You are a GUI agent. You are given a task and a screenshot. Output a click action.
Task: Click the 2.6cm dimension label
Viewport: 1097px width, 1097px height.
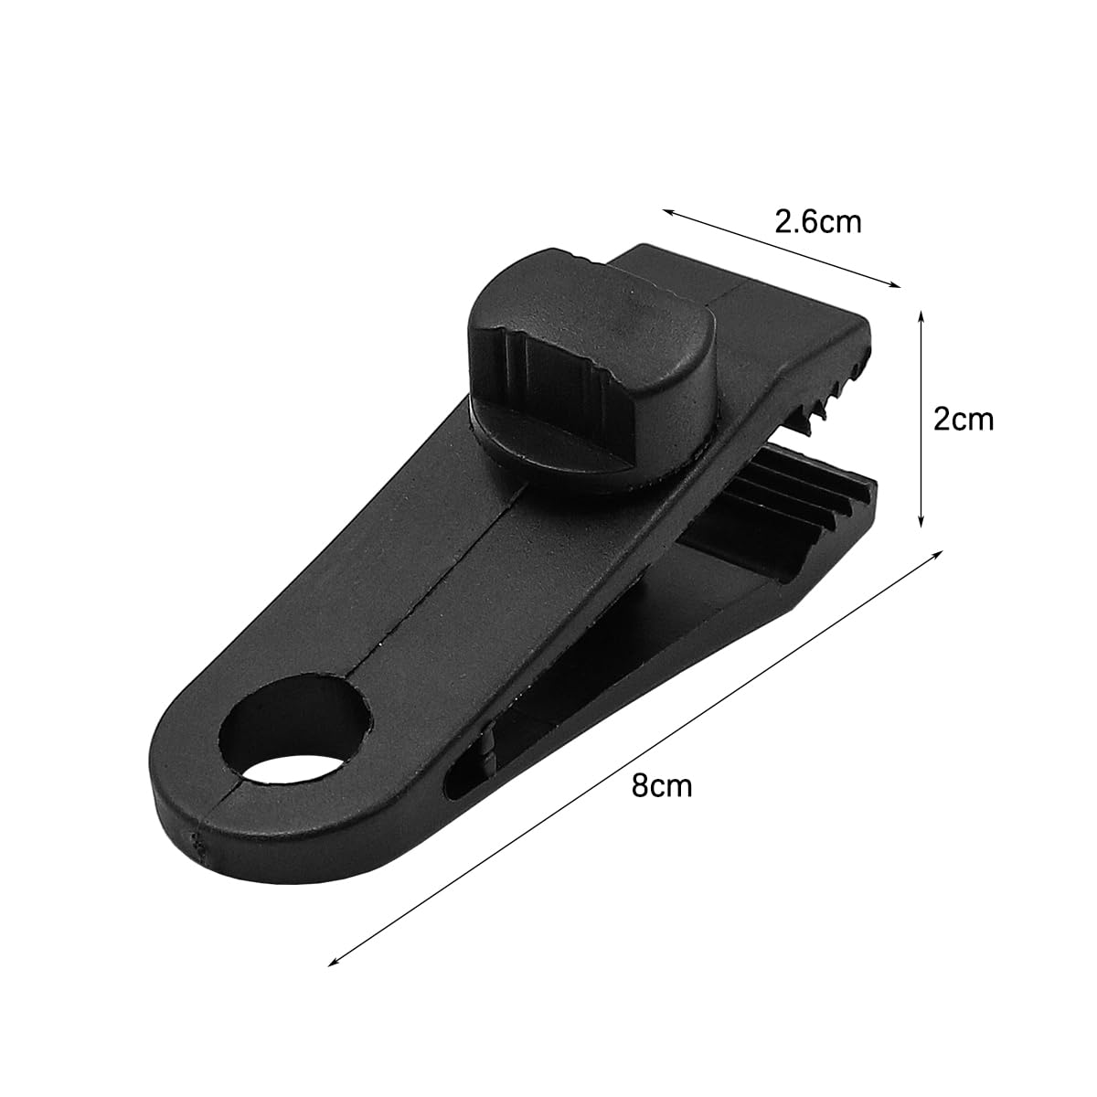tap(818, 222)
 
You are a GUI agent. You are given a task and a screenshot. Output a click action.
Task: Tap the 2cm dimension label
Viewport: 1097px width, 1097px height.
tap(964, 420)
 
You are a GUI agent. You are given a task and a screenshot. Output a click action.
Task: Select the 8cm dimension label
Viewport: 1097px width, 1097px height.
tap(662, 786)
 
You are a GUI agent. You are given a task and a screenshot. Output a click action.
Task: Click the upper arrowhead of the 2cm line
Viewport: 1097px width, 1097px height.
tap(921, 317)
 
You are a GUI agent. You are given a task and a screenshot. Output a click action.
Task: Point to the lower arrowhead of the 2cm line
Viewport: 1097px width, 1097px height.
tap(921, 521)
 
